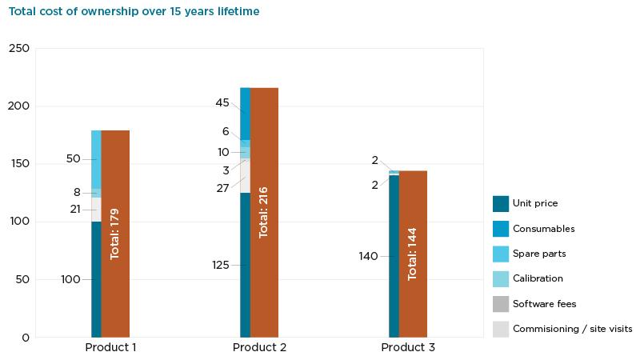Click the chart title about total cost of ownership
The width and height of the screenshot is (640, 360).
coord(134,12)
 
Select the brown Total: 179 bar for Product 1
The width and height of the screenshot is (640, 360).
coord(115,234)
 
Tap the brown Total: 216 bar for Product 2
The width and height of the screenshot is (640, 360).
coord(264,212)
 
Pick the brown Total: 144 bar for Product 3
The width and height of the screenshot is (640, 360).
coord(413,254)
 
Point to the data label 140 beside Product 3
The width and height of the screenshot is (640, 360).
coord(368,257)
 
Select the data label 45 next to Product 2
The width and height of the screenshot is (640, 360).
coord(222,103)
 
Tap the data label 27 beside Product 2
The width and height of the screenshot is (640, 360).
coord(222,188)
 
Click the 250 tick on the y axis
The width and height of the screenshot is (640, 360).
coord(19,49)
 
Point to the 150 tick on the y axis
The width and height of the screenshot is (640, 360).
coord(19,164)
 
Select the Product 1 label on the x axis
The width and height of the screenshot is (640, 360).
coord(110,348)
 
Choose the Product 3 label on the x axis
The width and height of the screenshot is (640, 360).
coord(408,348)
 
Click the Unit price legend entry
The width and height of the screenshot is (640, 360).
coord(535,204)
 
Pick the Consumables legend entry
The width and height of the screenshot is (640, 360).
coord(543,229)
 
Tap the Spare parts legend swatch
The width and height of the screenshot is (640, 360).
coord(501,254)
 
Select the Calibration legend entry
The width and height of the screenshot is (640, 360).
coord(538,278)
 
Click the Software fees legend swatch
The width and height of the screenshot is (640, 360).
coord(501,304)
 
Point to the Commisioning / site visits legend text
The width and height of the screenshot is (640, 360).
coord(572,329)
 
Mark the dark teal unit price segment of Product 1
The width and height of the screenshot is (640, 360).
coord(96,279)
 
